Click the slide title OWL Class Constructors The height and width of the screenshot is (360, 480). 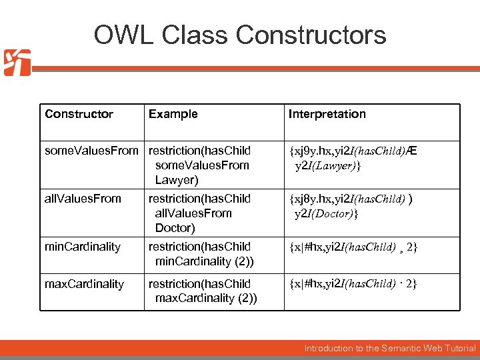tap(240, 35)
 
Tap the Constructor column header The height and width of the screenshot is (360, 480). tap(79, 114)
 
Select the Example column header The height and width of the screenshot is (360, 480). tap(173, 114)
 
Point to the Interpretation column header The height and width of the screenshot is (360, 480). tap(327, 114)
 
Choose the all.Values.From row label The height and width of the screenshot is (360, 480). tap(83, 199)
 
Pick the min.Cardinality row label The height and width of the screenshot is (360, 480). tap(83, 247)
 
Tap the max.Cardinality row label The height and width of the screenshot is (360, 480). tap(84, 284)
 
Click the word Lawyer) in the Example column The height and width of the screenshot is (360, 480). tap(177, 180)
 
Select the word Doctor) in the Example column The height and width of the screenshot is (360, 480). tap(175, 228)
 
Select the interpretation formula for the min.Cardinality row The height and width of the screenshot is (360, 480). tap(353, 247)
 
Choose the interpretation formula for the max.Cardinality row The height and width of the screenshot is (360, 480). tap(353, 285)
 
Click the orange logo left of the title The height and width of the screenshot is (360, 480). tap(17, 63)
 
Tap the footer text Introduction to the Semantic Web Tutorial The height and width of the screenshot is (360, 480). tap(390, 348)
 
